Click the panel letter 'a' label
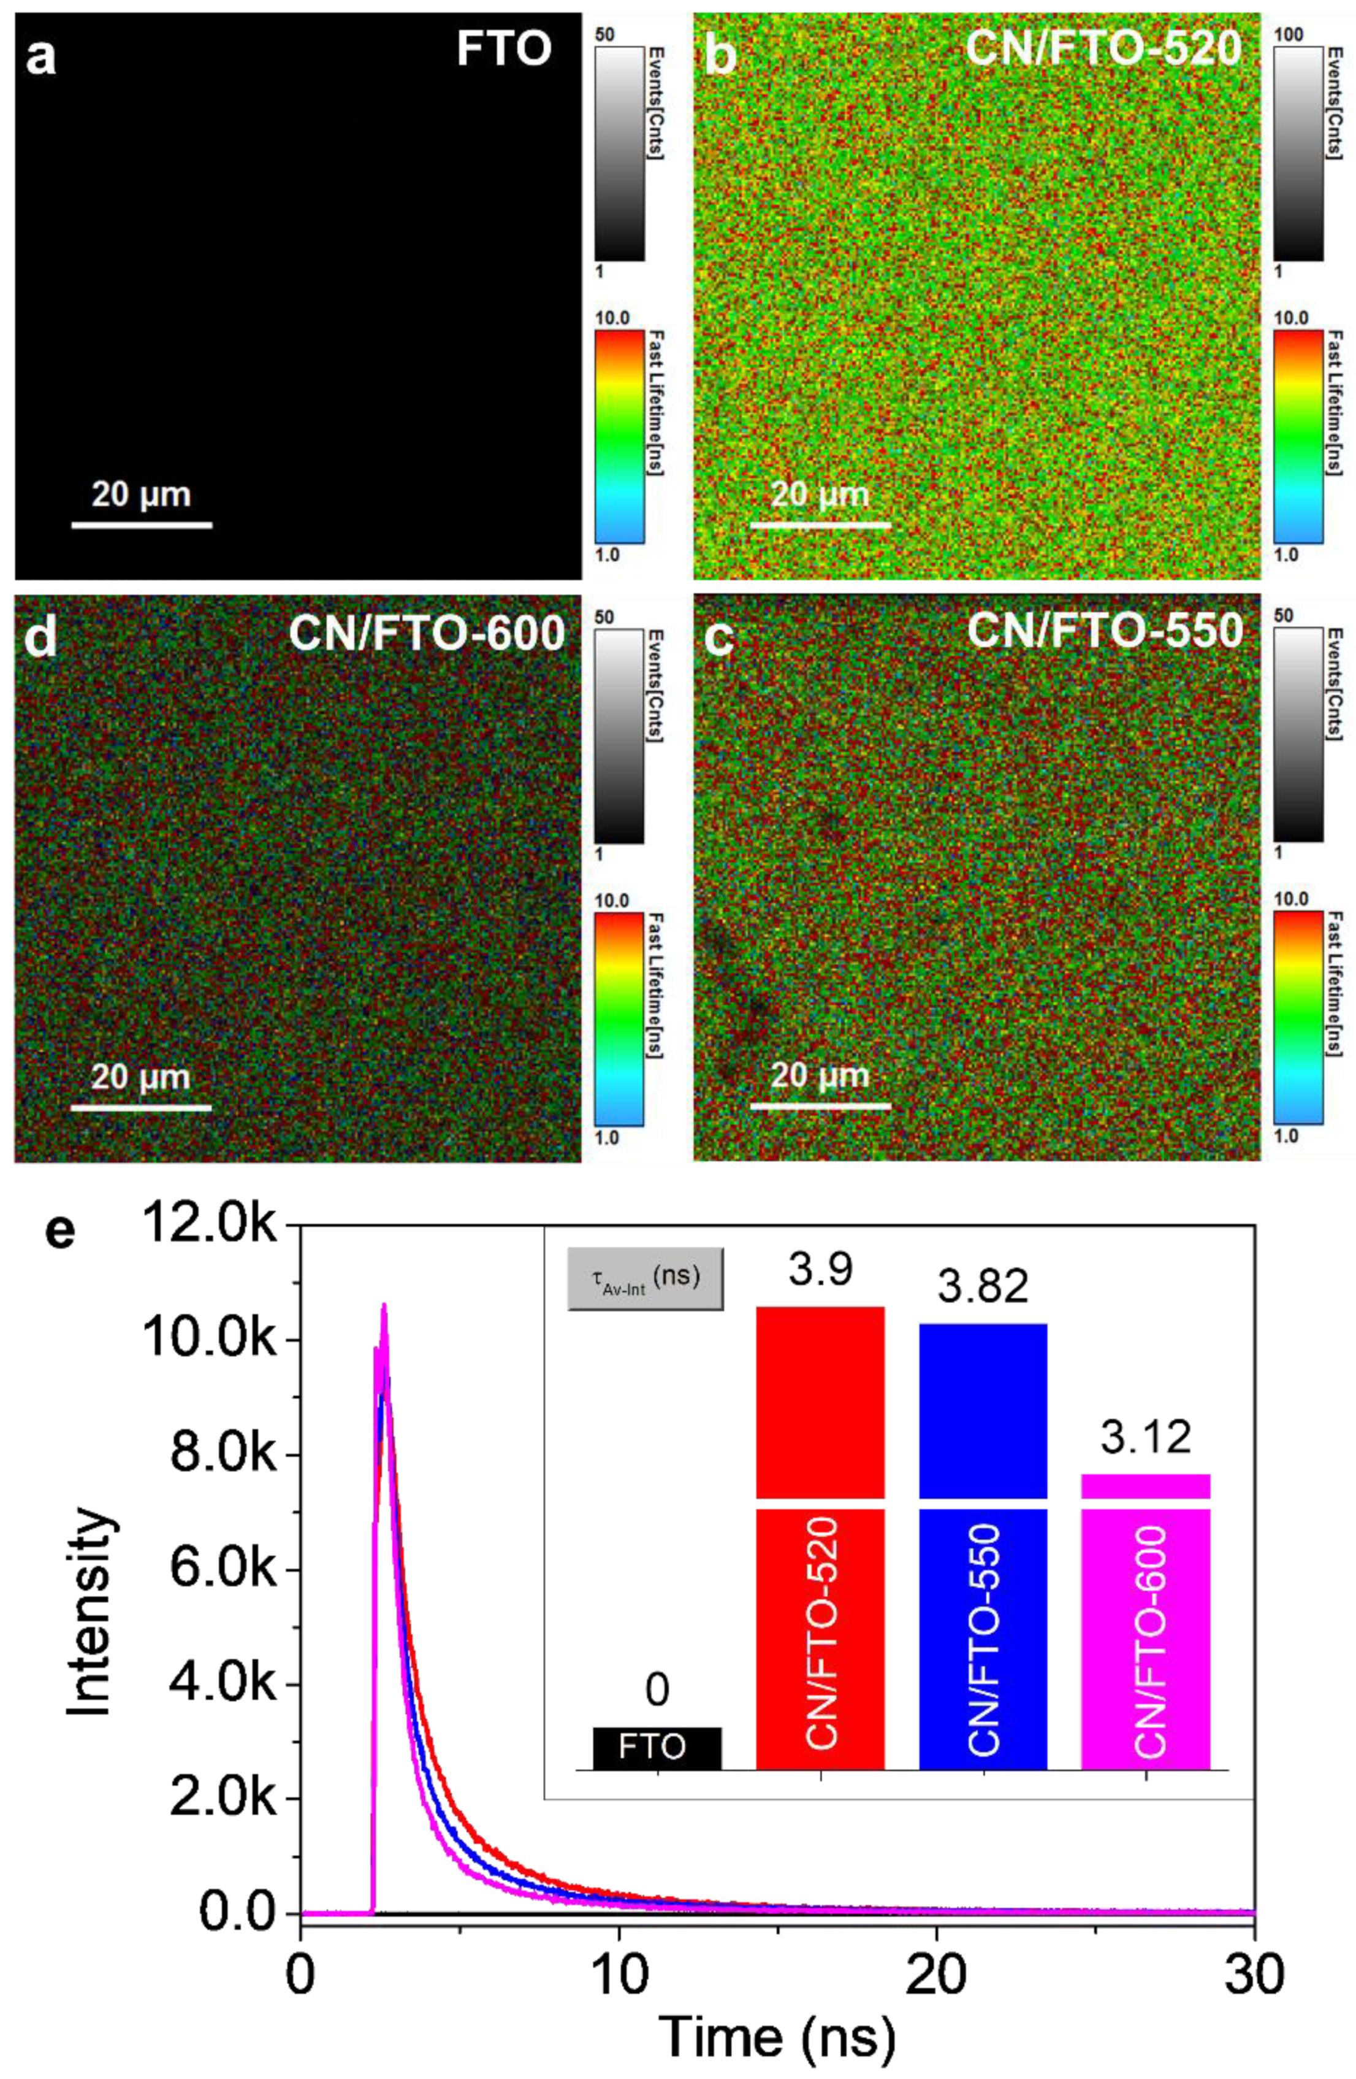point(41,60)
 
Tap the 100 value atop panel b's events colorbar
point(1290,35)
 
